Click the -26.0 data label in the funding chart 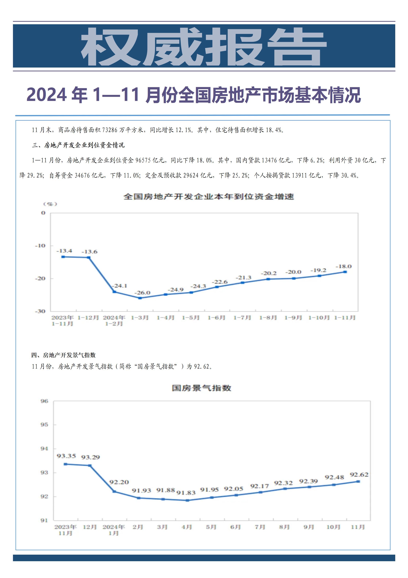click(142, 293)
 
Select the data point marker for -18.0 click(345, 272)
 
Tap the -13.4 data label click(64, 251)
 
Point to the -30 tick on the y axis click(40, 311)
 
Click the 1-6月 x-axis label click(216, 318)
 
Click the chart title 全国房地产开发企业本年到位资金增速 click(208, 197)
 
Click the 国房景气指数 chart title click(202, 388)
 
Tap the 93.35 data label click(66, 456)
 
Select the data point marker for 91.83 click(187, 500)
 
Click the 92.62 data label click(359, 475)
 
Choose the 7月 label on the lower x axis click(260, 527)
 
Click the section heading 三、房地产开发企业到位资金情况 click(78, 145)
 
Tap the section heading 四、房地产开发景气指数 click(63, 355)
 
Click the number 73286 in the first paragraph click(110, 130)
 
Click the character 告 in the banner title click(297, 47)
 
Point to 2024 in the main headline click(47, 95)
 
